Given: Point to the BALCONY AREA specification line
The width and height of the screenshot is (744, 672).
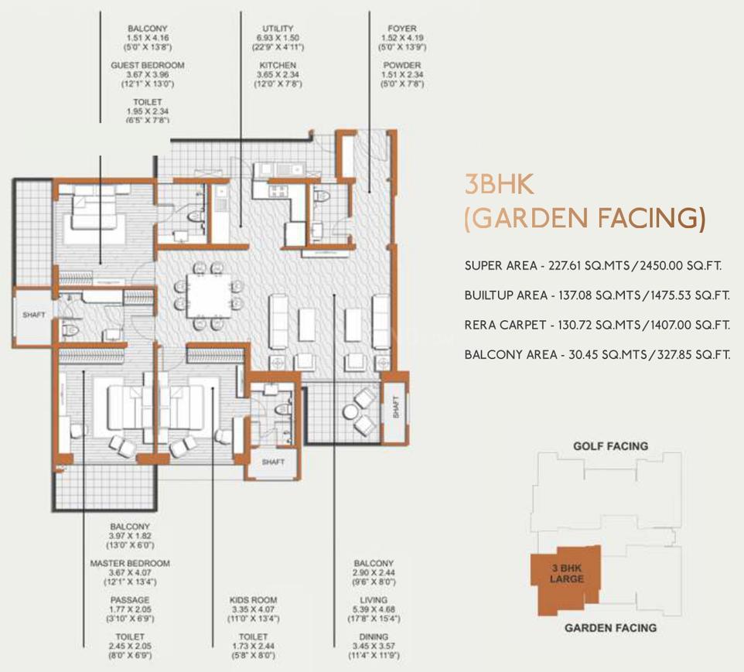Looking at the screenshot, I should point(597,355).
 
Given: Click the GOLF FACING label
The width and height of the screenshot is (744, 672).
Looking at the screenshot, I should point(610,446).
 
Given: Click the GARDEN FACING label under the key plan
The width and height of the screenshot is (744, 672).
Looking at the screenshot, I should point(610,628).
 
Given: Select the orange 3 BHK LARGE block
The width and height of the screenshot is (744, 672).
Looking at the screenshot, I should point(564,575).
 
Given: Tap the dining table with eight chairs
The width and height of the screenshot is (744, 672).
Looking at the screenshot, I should point(206,294).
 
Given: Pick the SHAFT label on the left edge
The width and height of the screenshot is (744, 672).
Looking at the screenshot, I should point(33,315).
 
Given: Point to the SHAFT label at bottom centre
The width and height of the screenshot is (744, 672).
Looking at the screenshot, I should point(272,462).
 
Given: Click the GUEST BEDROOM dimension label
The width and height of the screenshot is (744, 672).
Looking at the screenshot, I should point(147,74).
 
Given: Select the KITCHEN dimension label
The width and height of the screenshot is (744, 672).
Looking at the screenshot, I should point(278,74).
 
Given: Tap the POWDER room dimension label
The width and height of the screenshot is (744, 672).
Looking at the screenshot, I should point(402,74).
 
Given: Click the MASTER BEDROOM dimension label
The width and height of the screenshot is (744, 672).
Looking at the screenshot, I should point(129,572).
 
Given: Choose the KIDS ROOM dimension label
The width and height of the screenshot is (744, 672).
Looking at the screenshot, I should point(253,609).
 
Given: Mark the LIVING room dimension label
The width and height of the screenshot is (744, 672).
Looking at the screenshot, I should point(374,609).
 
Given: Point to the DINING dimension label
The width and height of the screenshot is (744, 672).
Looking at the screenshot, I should point(374,645).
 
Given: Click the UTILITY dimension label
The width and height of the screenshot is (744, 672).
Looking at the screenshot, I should point(278,38).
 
